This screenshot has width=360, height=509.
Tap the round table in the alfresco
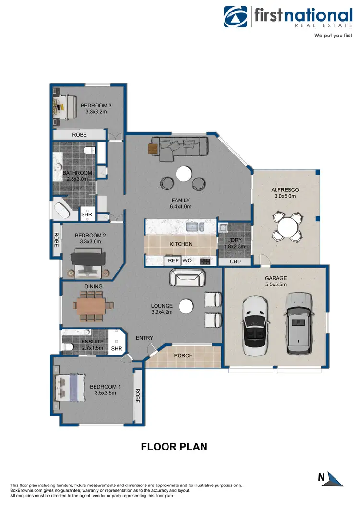tap(287, 226)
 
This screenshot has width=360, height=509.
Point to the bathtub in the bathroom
tap(61, 209)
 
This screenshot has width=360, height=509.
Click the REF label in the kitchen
tap(173, 261)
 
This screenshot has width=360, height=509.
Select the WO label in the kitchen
tap(187, 261)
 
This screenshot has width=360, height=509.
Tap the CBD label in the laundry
tap(235, 262)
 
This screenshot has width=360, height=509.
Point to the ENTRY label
tap(144, 338)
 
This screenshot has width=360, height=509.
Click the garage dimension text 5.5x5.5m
tap(276, 284)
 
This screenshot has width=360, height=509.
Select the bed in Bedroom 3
tap(64, 106)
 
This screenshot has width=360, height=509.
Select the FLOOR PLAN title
tap(174, 447)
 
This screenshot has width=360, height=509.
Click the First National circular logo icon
tap(237, 17)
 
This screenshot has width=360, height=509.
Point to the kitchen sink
tap(193, 226)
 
